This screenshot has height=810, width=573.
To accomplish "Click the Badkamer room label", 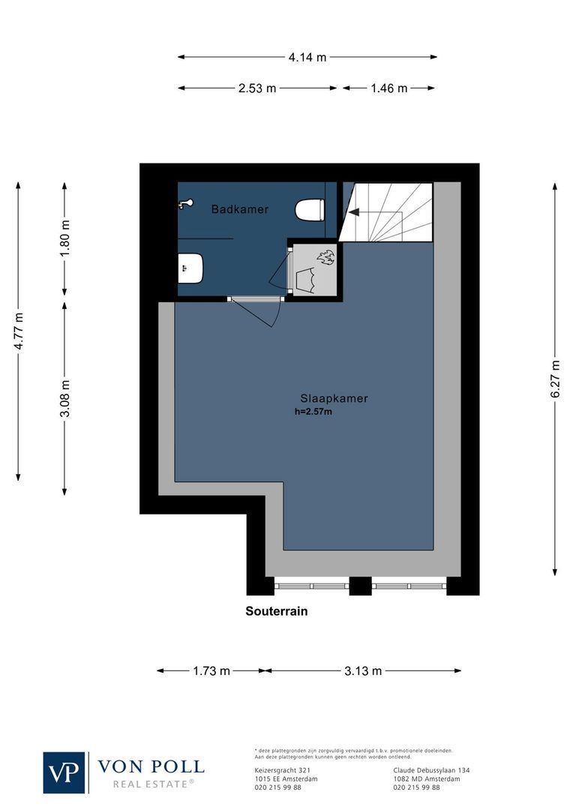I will (x=239, y=209).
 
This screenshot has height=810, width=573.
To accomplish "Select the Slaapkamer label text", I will (x=334, y=398).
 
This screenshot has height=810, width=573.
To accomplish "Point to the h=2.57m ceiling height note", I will (x=314, y=412).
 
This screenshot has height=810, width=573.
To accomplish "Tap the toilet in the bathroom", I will (x=310, y=209).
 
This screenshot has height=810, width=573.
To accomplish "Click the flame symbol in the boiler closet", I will (x=325, y=258).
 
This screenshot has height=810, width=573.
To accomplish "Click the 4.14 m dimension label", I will (x=307, y=57).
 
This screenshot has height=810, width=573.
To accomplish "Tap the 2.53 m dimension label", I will (x=257, y=88).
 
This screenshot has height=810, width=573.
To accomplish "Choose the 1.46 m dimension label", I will (x=388, y=88).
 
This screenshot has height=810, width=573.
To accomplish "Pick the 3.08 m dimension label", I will (x=65, y=398).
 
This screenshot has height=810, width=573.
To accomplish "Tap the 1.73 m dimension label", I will (x=211, y=670).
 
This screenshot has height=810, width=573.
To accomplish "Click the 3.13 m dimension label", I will (x=363, y=670).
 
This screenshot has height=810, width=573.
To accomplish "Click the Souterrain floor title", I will (x=277, y=611).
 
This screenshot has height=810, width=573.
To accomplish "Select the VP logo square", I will (x=65, y=772).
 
